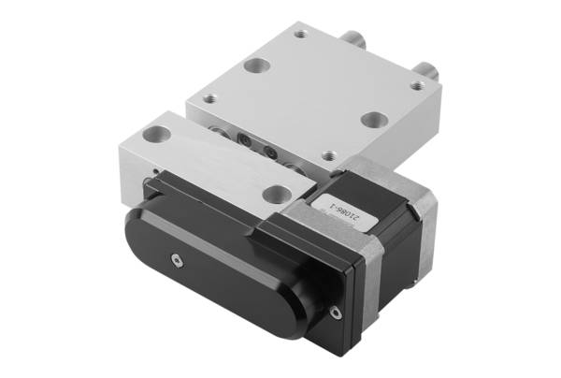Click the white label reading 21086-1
point(344,211)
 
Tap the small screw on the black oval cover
point(177,260)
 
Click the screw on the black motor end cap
point(335,313)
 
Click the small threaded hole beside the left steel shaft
point(301,35)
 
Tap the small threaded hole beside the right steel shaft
point(416,85)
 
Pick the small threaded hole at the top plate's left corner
point(210,98)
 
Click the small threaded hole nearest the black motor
point(329,155)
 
